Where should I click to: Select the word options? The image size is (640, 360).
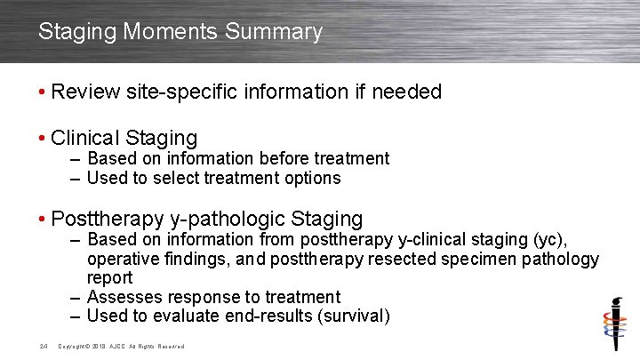point(310,179)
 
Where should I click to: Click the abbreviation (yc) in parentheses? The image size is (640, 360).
point(548,240)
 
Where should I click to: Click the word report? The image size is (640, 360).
point(109,278)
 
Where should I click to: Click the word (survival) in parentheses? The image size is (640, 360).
point(349,316)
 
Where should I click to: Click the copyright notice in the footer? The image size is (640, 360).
point(120,346)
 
